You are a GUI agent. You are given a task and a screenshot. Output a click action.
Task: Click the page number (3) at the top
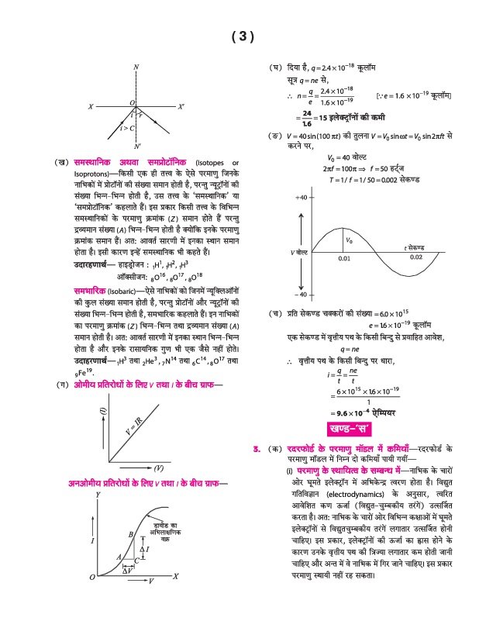pos(243,36)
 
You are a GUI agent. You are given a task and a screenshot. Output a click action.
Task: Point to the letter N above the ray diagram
pos(136,68)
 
